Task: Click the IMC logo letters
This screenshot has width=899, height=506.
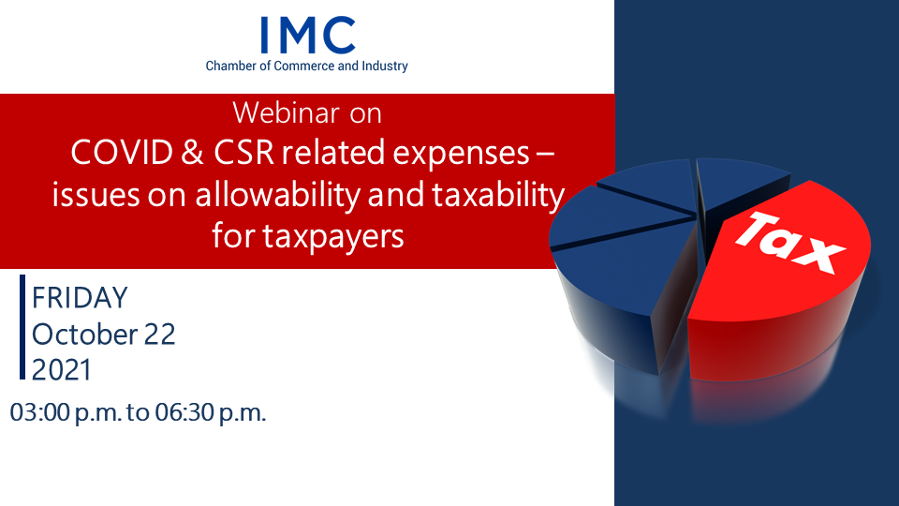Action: [x=307, y=35]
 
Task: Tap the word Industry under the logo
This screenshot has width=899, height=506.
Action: [x=384, y=67]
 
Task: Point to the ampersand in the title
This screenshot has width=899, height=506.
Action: [x=193, y=153]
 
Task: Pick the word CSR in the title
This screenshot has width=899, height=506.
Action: [x=243, y=153]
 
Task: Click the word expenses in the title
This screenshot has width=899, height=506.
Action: [x=461, y=155]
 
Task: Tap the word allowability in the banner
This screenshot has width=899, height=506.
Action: [x=277, y=196]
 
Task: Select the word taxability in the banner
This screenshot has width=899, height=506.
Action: [x=498, y=196]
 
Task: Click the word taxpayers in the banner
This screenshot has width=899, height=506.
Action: [x=333, y=237]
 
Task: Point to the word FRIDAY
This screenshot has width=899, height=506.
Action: [x=80, y=298]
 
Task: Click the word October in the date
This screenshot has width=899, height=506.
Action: [x=84, y=335]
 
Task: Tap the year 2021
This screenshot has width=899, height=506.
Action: [x=62, y=370]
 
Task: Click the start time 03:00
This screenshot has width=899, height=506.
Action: [x=39, y=412]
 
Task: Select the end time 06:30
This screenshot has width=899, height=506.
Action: [x=184, y=412]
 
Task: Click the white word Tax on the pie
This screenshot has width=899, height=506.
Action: [x=789, y=242]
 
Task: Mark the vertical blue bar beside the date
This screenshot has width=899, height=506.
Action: [x=22, y=327]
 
